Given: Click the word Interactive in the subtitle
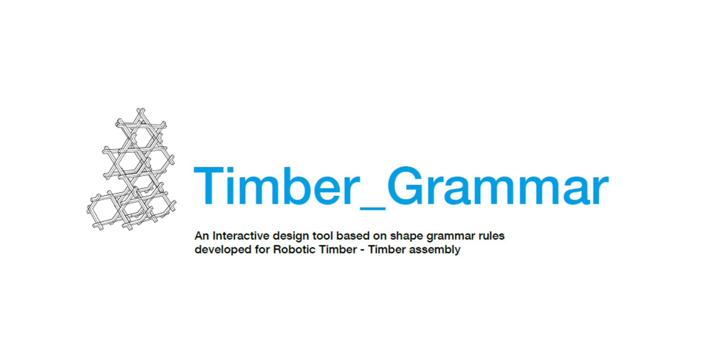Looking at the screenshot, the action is (241, 236).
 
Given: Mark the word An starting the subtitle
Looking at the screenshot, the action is (202, 236).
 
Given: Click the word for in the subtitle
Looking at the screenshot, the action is (262, 250).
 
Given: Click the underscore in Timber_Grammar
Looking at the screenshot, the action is (373, 208).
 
